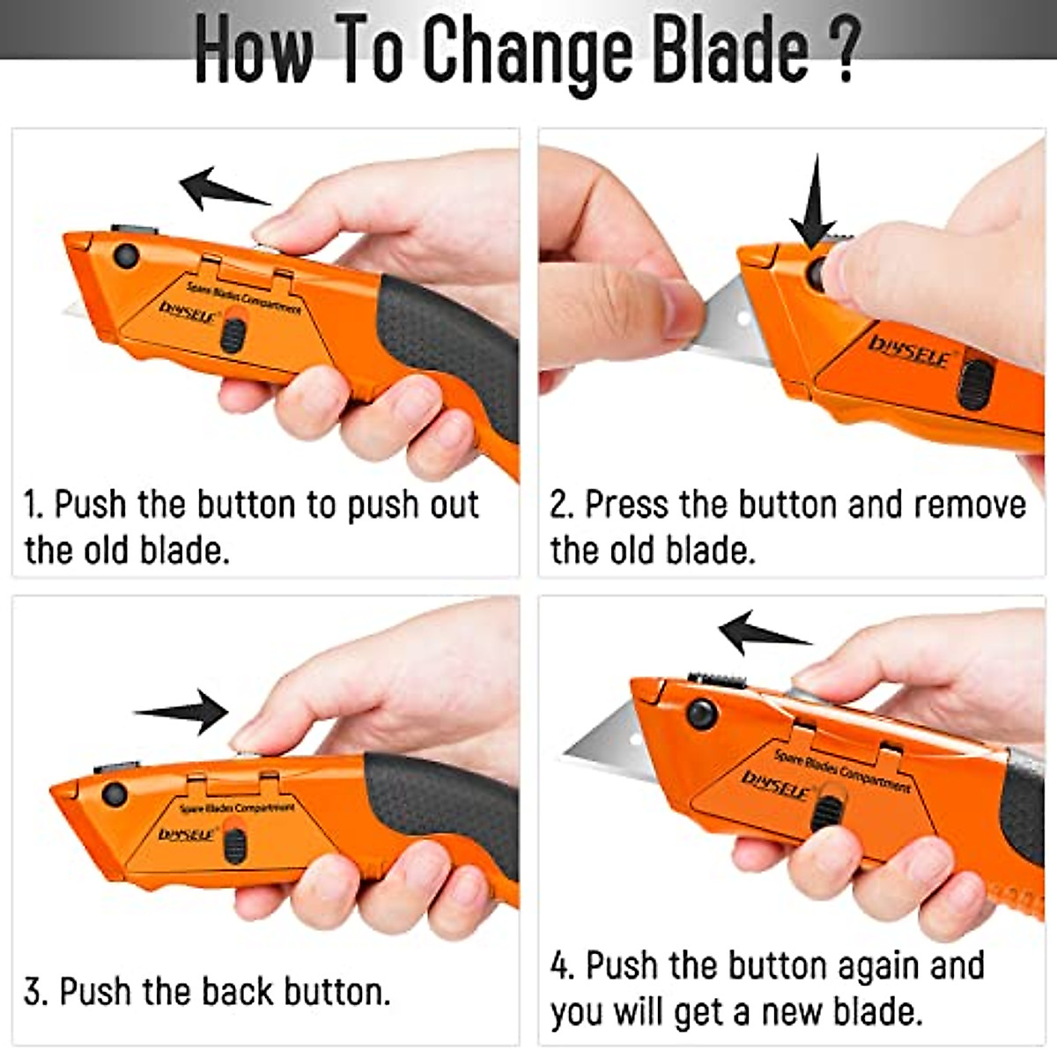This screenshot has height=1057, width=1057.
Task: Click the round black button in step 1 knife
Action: tap(126, 256)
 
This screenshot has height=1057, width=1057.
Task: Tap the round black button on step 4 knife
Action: tap(701, 713)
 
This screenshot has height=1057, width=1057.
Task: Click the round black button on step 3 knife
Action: tap(114, 794)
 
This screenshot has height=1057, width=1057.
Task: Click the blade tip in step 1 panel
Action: tap(75, 310)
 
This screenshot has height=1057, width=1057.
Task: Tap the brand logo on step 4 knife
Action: tap(775, 784)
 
